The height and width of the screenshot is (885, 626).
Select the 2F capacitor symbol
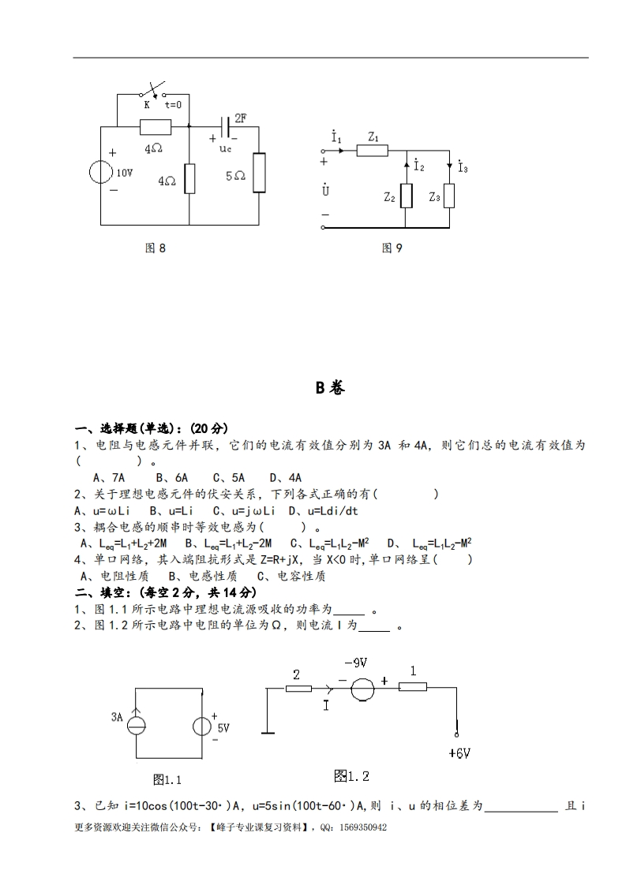point(227,125)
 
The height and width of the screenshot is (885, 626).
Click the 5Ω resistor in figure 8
point(258,174)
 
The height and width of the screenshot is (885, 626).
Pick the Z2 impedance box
point(407,195)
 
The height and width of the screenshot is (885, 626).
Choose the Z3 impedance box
point(449,195)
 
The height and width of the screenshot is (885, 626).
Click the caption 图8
point(156,248)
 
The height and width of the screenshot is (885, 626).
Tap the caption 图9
point(392,248)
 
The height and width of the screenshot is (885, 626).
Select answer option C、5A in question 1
point(229,477)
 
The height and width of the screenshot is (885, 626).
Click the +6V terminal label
point(459,752)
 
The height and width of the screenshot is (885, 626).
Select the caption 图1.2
point(351,776)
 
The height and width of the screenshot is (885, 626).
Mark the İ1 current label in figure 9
point(337,138)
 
